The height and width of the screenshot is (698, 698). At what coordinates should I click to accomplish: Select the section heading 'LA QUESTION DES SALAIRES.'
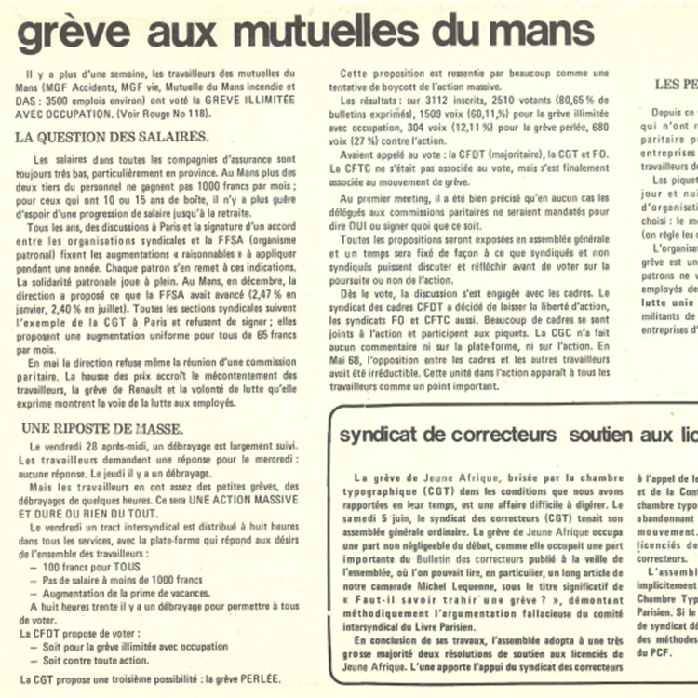pos(112,137)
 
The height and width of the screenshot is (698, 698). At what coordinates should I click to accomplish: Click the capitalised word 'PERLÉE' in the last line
pos(254,679)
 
